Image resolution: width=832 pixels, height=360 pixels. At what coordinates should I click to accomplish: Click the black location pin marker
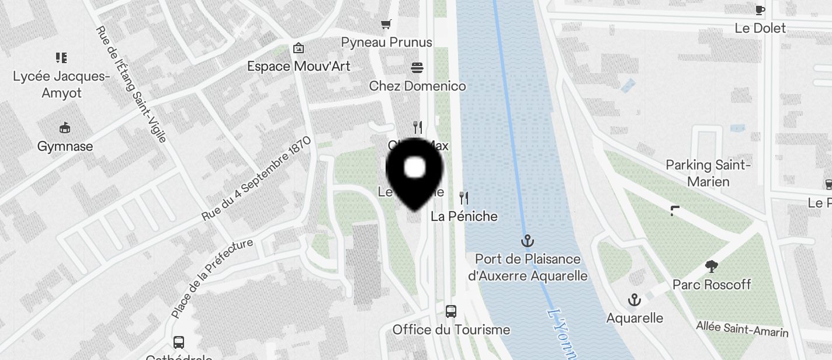click(415, 172)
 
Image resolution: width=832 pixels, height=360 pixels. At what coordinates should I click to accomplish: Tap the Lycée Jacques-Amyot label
click(61, 85)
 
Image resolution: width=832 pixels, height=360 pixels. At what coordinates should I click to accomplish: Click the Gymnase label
click(65, 146)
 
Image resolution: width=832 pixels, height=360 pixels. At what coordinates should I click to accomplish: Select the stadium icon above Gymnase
click(65, 127)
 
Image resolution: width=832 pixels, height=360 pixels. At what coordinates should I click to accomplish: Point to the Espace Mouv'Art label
click(299, 66)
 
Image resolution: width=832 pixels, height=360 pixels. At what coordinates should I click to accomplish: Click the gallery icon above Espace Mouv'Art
click(299, 47)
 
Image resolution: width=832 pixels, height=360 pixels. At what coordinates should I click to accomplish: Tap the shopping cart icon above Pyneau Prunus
click(386, 24)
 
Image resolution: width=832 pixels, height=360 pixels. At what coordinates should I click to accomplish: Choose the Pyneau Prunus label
click(387, 42)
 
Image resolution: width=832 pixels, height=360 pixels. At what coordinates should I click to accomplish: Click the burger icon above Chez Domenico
click(417, 68)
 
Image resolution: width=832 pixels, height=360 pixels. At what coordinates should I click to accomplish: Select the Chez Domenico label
click(418, 86)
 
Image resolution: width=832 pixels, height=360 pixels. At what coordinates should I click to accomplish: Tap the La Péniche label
click(464, 216)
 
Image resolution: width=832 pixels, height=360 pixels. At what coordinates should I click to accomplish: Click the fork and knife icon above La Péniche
click(464, 198)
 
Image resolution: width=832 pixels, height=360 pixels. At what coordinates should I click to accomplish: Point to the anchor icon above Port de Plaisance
click(528, 240)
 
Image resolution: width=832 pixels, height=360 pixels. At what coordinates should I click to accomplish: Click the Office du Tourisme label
click(451, 330)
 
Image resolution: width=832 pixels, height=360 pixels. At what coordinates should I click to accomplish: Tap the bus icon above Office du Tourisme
click(451, 311)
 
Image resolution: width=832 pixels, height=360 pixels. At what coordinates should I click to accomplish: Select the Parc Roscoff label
click(712, 285)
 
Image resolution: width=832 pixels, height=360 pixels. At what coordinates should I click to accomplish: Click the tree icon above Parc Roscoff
click(711, 266)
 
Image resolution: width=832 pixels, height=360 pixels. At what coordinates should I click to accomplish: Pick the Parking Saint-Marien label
click(708, 173)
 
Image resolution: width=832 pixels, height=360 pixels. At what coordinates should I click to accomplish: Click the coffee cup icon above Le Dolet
click(760, 10)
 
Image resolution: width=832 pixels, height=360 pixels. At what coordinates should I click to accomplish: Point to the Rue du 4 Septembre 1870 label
click(256, 179)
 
